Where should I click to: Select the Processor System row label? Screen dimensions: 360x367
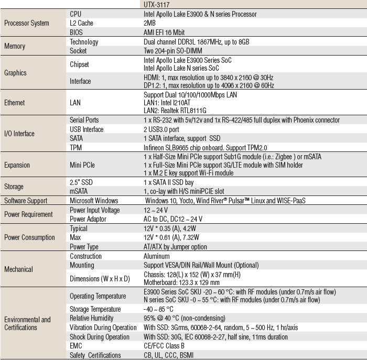(26, 23)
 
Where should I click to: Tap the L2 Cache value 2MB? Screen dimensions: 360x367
(149, 23)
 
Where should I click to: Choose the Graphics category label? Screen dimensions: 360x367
(15, 73)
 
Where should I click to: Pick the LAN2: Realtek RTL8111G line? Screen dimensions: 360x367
(175, 111)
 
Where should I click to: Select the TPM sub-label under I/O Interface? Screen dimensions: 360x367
(77, 148)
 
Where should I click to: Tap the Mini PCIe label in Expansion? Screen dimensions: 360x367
(82, 165)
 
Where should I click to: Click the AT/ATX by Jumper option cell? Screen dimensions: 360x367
(175, 247)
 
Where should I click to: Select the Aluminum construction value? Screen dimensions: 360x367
(156, 256)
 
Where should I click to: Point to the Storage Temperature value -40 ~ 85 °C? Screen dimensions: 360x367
(158, 309)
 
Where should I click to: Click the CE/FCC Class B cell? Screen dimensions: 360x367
(164, 346)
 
